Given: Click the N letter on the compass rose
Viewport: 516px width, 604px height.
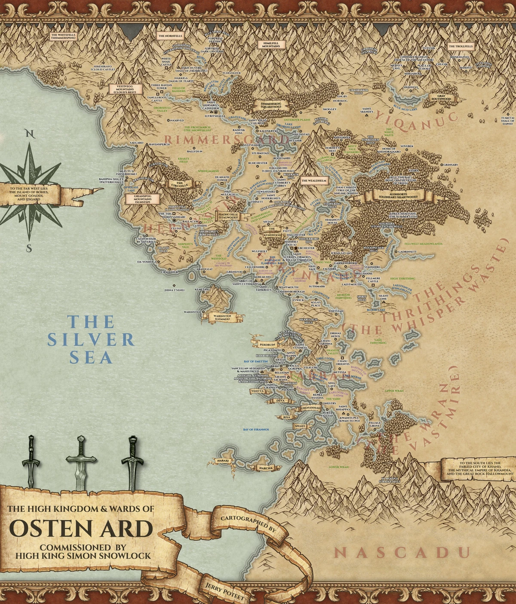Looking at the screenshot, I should pos(29,133).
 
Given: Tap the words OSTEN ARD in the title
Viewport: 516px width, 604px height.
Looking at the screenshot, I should pos(80,529).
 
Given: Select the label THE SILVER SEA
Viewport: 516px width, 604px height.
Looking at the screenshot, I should pos(91,339).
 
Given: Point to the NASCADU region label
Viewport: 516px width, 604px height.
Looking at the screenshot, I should pos(402,552).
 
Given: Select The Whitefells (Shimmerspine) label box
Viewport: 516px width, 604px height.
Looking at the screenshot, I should pos(63,36).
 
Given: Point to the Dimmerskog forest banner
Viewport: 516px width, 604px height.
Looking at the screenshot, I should pos(271,105).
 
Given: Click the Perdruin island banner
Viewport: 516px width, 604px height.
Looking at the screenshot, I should pos(267,345).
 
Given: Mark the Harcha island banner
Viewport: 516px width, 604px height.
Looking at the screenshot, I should pos(264,468).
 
